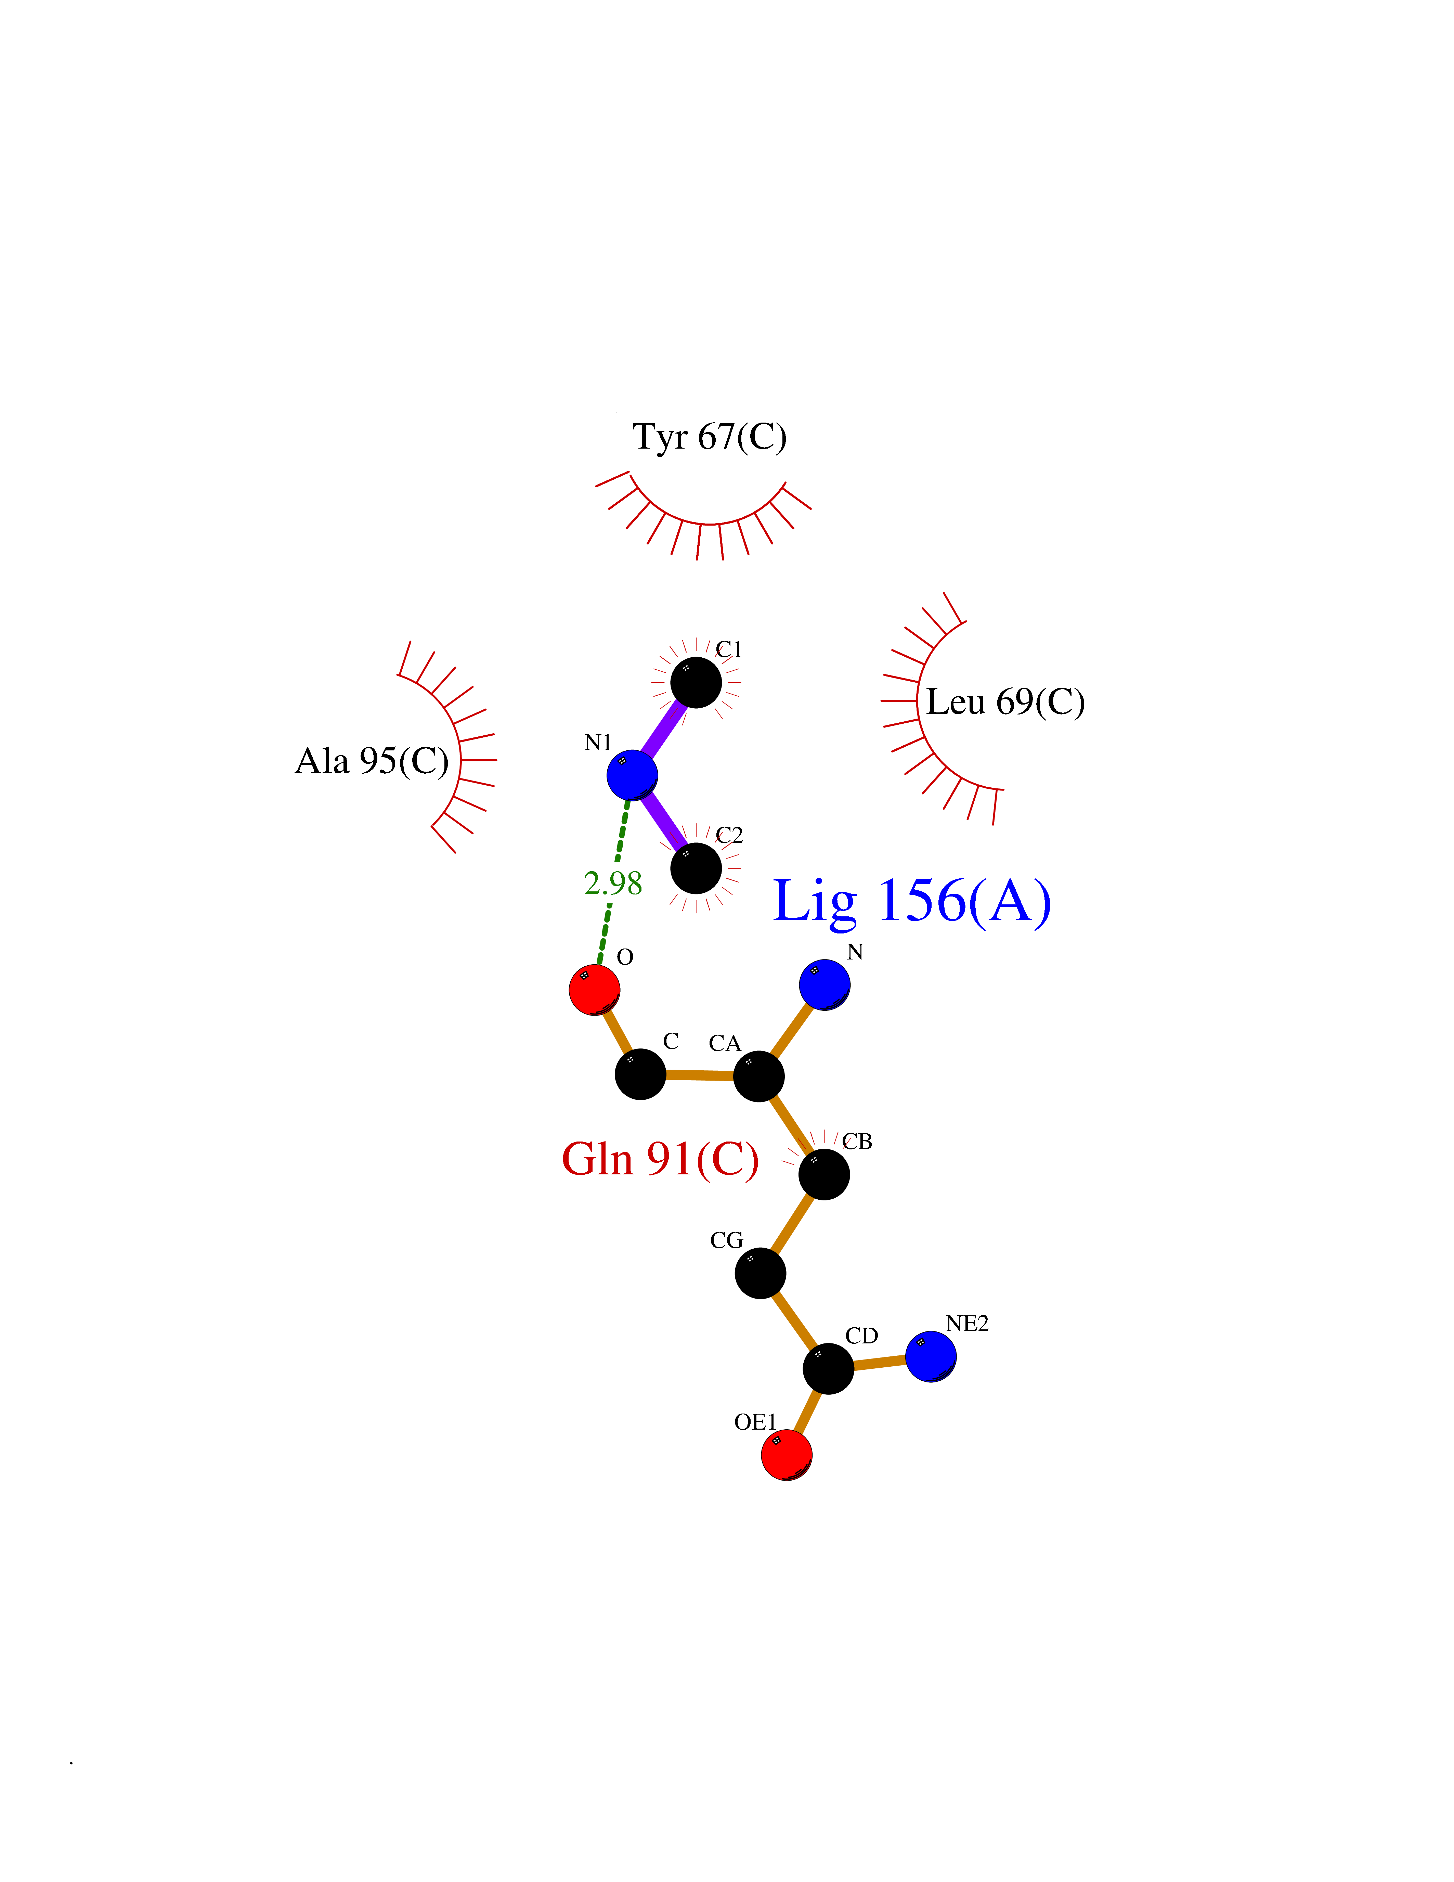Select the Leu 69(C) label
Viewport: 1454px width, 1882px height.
point(1005,702)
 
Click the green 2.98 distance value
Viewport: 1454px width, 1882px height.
point(612,883)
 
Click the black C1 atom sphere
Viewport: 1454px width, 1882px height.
point(696,683)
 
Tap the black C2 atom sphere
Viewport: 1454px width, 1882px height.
point(696,868)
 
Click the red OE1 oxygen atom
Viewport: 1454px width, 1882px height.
point(787,1455)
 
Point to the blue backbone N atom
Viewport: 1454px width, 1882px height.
point(825,984)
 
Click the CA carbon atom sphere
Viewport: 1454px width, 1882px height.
point(758,1075)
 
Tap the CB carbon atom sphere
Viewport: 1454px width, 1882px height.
point(825,1174)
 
